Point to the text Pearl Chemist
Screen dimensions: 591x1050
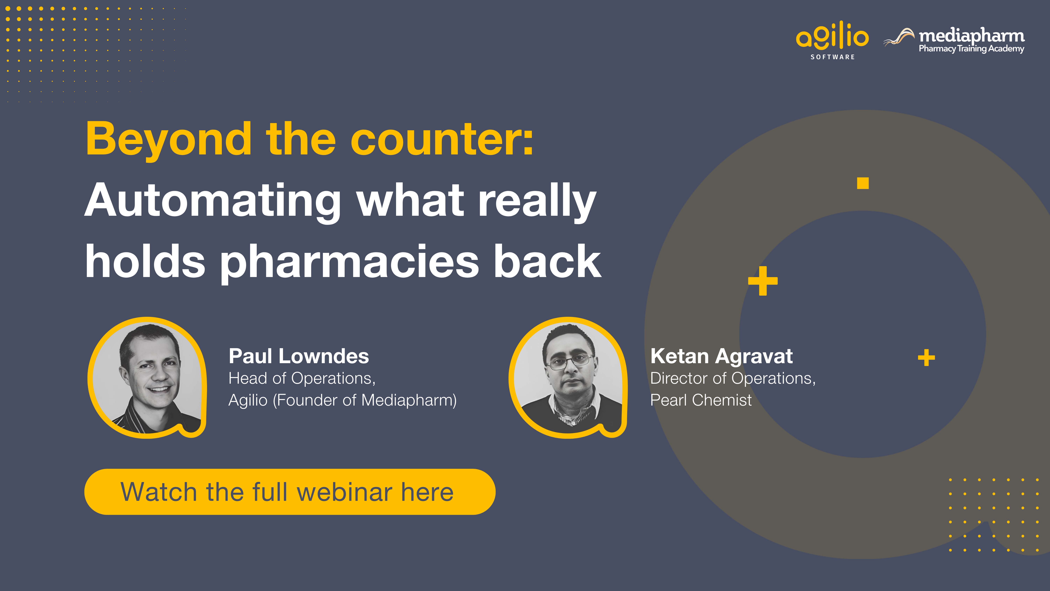tap(701, 400)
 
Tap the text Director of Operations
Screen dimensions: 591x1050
tap(733, 378)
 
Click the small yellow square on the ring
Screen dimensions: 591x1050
tap(863, 183)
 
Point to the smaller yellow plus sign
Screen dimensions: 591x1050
tap(926, 358)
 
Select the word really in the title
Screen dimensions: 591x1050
tap(537, 201)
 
